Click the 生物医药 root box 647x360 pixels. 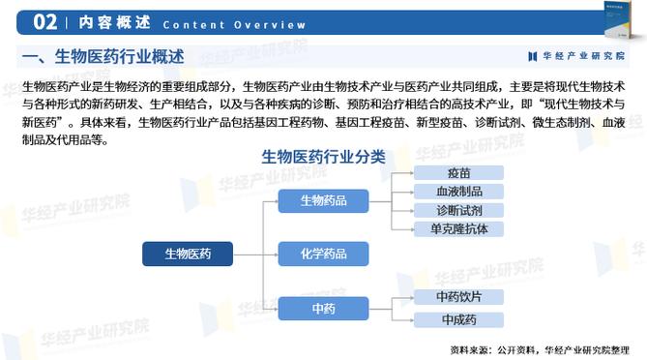[x=188, y=254]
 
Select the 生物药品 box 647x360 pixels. [x=323, y=200]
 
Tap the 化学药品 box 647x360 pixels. [x=323, y=254]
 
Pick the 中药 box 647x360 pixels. [x=323, y=308]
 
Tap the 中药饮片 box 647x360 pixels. [x=459, y=297]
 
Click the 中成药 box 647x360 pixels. [x=459, y=318]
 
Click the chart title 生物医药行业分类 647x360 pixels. [x=323, y=156]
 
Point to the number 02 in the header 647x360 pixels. [x=44, y=21]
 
